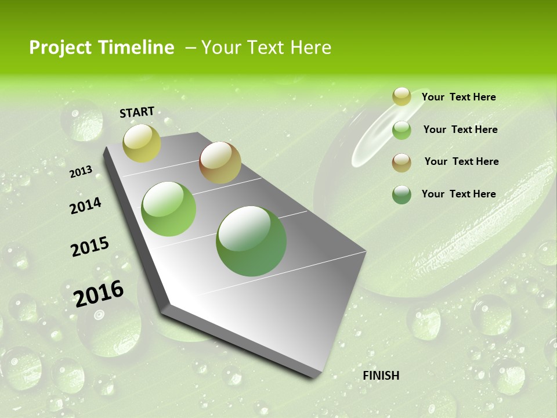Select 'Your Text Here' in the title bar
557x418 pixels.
(266, 48)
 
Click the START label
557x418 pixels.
(137, 112)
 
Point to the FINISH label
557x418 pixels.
(381, 376)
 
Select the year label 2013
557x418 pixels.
(81, 171)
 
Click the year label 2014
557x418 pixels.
(85, 206)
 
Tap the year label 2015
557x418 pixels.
(90, 247)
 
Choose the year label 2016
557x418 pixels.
(99, 293)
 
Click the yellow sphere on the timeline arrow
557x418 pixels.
(142, 143)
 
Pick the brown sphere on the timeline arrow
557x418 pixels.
(220, 163)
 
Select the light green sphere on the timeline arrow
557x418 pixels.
(169, 209)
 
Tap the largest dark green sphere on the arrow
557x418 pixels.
(251, 241)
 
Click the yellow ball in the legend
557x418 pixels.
(402, 97)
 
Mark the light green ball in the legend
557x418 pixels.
(402, 130)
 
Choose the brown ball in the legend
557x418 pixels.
(402, 162)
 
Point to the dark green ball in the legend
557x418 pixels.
(402, 194)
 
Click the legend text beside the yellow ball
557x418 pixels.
(458, 97)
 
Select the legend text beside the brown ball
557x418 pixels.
(461, 161)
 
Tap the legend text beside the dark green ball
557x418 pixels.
(458, 194)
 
